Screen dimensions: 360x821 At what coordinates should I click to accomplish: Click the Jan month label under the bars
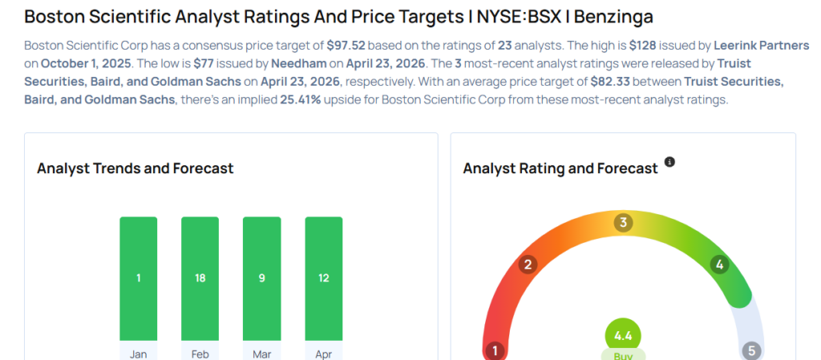(139, 353)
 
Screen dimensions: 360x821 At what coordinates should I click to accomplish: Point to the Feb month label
(200, 353)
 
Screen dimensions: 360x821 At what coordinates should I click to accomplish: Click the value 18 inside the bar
(200, 278)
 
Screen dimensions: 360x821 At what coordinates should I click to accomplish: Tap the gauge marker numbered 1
(495, 350)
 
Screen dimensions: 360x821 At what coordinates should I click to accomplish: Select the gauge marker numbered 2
(528, 265)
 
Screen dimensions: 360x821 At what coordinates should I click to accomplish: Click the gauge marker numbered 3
(622, 222)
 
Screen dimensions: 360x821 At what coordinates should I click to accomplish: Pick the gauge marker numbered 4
(719, 264)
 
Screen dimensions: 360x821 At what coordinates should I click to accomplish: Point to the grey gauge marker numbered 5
(751, 350)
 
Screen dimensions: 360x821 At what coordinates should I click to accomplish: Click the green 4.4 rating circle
(623, 334)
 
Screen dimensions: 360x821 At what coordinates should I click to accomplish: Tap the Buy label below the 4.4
(623, 354)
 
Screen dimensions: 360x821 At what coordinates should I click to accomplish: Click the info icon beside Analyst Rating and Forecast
(670, 162)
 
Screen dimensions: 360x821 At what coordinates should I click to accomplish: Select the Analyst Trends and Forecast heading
(135, 168)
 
